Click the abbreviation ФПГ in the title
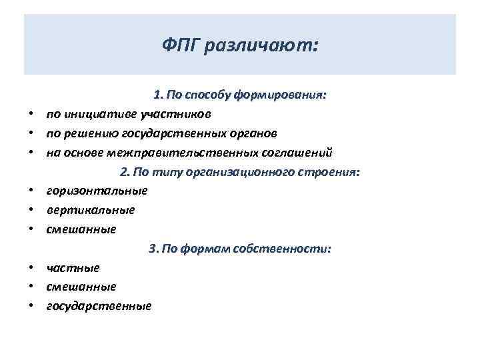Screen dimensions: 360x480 (x=181, y=46)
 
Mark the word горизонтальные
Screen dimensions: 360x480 (x=97, y=191)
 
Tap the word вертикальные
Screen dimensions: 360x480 (x=91, y=210)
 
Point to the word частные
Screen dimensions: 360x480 (x=73, y=268)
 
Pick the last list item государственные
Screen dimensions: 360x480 (x=99, y=306)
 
